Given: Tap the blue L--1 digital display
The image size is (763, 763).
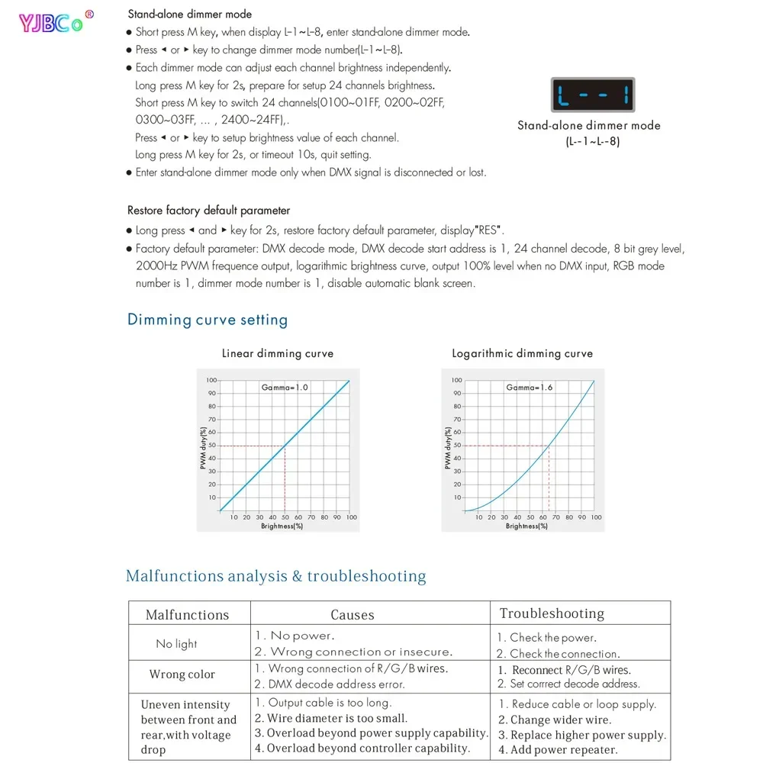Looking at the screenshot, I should (x=593, y=95).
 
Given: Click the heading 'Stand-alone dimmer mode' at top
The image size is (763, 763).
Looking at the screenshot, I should (x=189, y=14).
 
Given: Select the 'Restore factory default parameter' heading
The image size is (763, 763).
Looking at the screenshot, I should (x=208, y=211).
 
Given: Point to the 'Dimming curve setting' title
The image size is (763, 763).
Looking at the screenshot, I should (x=208, y=320).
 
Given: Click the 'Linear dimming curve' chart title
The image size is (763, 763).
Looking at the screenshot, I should (x=278, y=354).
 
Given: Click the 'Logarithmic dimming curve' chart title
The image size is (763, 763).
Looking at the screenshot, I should (x=522, y=354).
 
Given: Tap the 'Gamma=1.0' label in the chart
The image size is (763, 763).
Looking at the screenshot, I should (x=285, y=388).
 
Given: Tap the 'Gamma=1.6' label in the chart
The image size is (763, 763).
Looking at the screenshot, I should (x=529, y=388).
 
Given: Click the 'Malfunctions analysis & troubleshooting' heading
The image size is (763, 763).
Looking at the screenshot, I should (x=276, y=576).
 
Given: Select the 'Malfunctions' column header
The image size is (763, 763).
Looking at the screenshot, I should (x=187, y=615).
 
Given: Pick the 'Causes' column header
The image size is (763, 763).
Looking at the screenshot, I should (x=353, y=615).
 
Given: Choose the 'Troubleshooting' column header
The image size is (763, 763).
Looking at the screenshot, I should (x=552, y=613).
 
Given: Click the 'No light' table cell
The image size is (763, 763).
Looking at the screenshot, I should (x=176, y=644).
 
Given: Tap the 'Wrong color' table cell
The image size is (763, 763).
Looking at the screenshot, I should (x=182, y=674).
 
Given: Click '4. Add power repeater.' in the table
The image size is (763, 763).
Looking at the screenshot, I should (x=558, y=749).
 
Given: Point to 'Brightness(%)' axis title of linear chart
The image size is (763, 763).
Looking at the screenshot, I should (x=282, y=526).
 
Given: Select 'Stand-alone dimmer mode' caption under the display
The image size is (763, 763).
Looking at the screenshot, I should (x=589, y=126).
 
